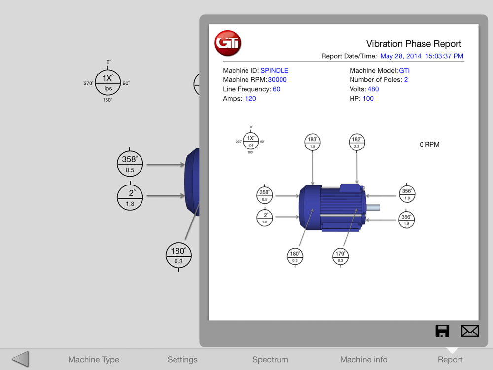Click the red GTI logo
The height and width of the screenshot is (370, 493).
(228, 43)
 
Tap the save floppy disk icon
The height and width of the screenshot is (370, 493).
(442, 331)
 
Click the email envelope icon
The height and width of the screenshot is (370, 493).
(470, 331)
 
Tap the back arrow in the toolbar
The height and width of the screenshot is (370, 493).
(20, 359)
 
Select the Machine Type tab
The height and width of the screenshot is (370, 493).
(94, 359)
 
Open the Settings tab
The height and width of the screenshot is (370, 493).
(182, 359)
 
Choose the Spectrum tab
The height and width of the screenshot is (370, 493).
(270, 359)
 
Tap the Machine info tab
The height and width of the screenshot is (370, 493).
(363, 359)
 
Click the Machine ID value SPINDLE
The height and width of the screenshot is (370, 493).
(274, 70)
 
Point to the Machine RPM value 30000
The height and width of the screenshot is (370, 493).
(277, 79)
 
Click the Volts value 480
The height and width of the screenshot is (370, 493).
(373, 89)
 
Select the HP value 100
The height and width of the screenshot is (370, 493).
(368, 99)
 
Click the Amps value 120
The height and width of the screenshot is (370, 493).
(250, 99)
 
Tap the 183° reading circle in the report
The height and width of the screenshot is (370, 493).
(312, 142)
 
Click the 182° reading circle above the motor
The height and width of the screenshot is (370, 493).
(357, 142)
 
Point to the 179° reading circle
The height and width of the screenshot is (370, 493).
(340, 257)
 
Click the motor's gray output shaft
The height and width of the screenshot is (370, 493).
(373, 207)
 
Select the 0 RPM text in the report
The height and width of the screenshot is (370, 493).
(429, 145)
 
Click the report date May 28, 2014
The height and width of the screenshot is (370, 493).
(400, 56)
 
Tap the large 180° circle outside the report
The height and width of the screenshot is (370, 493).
(178, 255)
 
